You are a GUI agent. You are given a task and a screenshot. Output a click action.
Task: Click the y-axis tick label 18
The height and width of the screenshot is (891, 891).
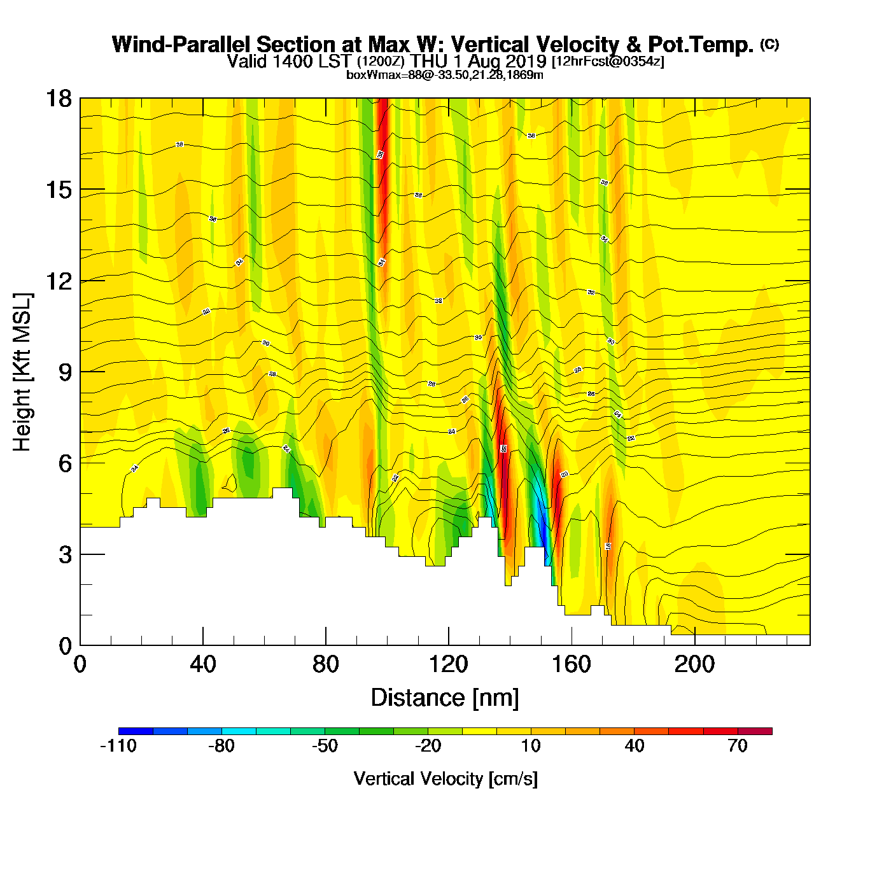(x=59, y=99)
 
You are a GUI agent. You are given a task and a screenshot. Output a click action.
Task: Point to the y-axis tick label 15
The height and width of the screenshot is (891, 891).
(x=59, y=190)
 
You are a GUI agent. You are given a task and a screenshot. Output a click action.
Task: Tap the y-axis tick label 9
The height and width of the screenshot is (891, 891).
(x=65, y=372)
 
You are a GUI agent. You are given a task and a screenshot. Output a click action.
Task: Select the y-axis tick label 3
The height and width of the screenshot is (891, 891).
(x=65, y=555)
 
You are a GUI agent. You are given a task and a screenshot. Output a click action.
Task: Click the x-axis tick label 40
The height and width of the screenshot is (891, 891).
(x=203, y=664)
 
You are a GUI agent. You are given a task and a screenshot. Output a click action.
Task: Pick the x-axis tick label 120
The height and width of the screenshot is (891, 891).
(x=448, y=664)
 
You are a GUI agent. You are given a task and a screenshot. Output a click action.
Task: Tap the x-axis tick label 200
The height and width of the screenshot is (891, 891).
(x=694, y=664)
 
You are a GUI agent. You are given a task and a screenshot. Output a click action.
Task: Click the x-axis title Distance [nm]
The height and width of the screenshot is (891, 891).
(x=445, y=698)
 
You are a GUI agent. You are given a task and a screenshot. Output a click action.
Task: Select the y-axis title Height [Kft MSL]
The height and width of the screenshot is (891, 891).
(x=22, y=372)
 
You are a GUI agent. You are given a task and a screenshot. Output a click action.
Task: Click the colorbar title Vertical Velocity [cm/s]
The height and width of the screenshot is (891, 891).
(x=445, y=779)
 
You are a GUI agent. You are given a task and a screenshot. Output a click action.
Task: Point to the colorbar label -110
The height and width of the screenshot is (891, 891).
(x=118, y=746)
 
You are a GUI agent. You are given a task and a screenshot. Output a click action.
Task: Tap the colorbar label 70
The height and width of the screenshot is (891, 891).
(x=738, y=746)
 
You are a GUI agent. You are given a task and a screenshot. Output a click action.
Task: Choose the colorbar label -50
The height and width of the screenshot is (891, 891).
(x=325, y=746)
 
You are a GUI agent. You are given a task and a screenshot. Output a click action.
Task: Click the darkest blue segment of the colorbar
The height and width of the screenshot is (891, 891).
(x=136, y=731)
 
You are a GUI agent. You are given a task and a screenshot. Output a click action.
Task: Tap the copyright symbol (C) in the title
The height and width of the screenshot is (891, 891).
(x=769, y=44)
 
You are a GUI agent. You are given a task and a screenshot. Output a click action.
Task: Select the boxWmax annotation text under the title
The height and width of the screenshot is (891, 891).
(x=445, y=75)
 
